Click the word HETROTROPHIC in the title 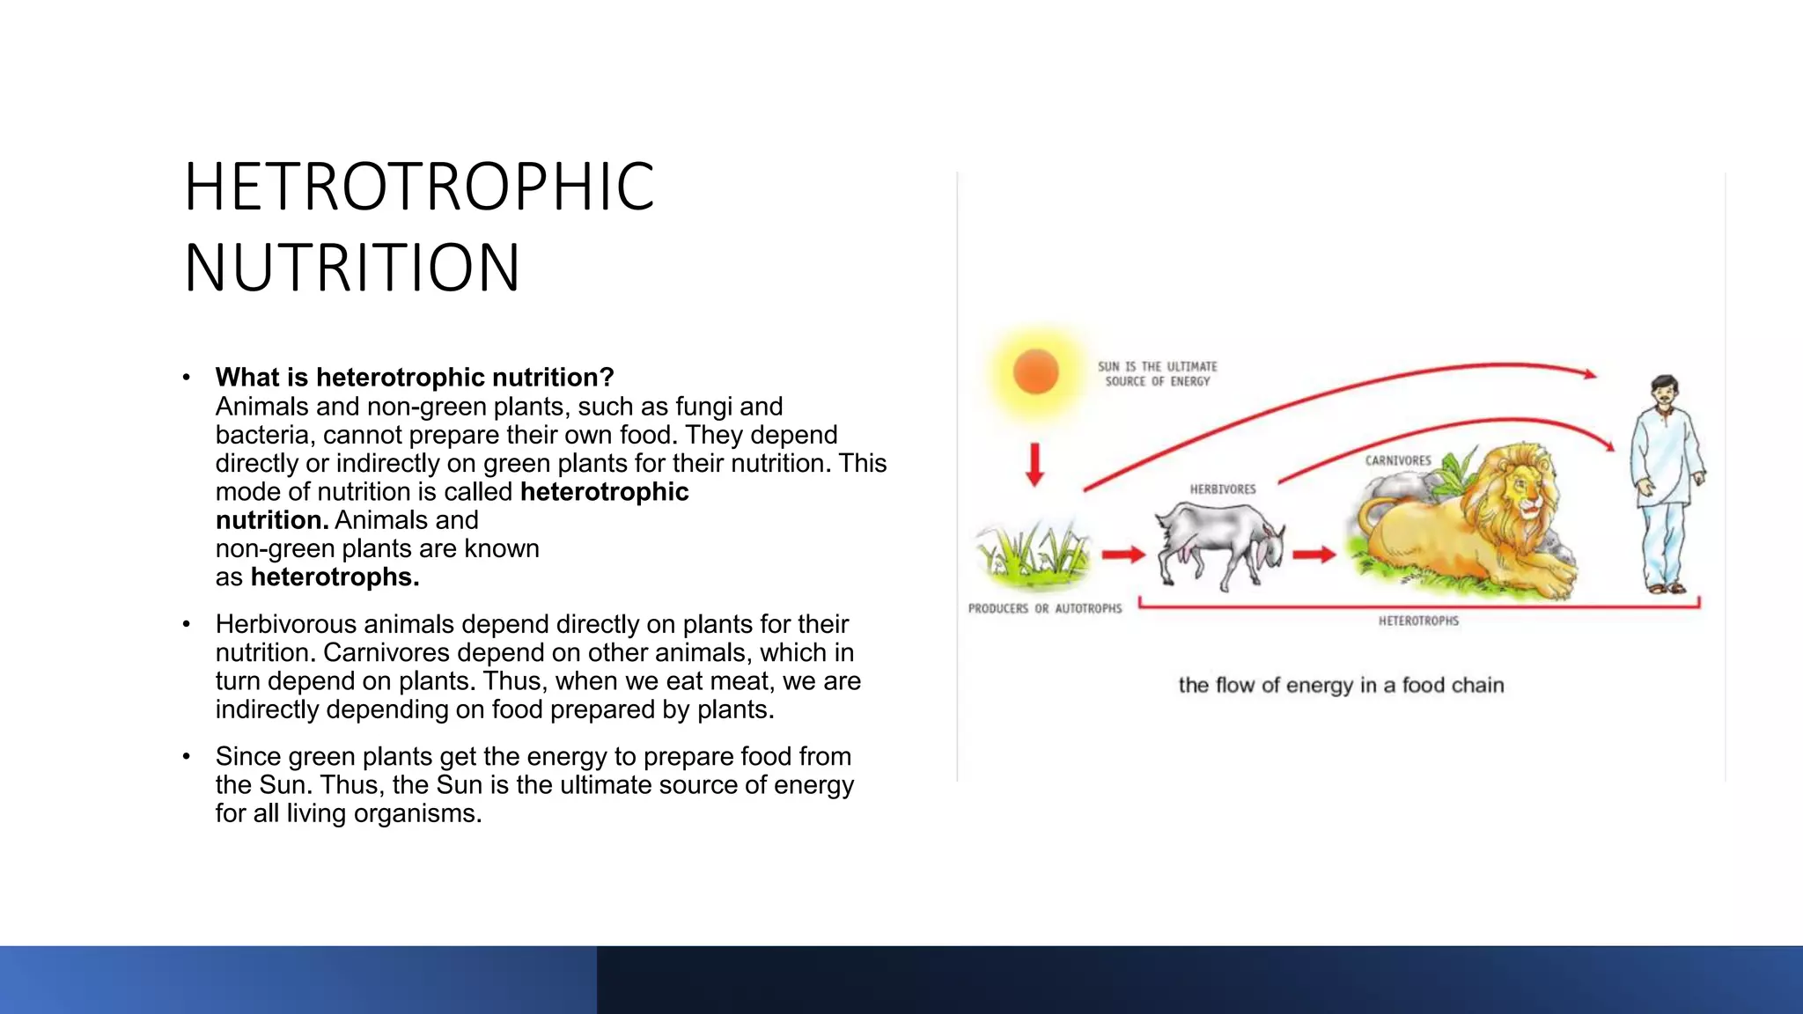point(419,187)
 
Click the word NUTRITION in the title point(352,268)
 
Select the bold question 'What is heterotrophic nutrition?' point(414,378)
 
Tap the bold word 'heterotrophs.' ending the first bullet point(335,577)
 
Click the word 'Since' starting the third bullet point(248,757)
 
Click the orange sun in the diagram point(1035,371)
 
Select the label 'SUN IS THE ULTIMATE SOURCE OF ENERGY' point(1158,374)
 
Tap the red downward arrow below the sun point(1035,464)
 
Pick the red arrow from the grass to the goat point(1123,554)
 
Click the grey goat point(1219,543)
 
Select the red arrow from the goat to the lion point(1314,554)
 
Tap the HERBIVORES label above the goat point(1223,489)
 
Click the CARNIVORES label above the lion point(1398,460)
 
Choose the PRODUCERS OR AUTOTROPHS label point(1045,608)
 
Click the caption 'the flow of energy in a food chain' point(1341,685)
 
